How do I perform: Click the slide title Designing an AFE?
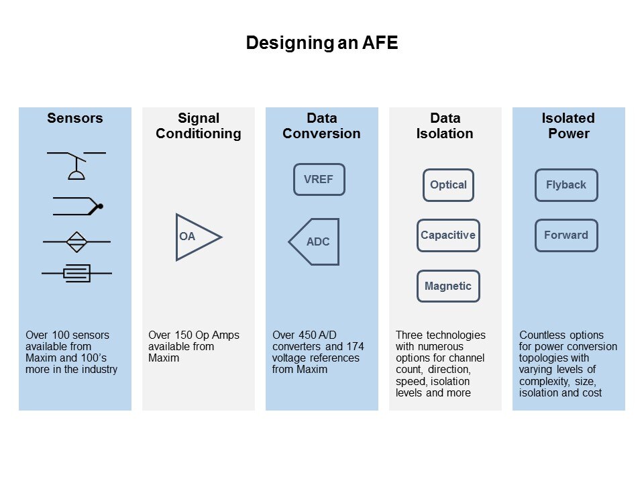pos(321,43)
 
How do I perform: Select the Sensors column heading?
pos(74,118)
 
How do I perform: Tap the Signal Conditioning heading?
pos(199,125)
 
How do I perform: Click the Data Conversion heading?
pos(321,125)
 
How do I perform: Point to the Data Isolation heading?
pos(445,125)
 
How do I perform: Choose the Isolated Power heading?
pos(568,125)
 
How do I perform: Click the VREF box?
pos(319,180)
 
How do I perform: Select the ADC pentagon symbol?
pos(314,241)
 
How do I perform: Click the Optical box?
pos(448,185)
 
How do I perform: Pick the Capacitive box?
pos(448,235)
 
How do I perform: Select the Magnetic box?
pos(448,286)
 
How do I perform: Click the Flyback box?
pos(566,185)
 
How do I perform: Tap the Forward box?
pos(566,235)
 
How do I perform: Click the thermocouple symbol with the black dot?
pos(78,206)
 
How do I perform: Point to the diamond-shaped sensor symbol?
pos(76,241)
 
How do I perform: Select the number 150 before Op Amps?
pos(184,335)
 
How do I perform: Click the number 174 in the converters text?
pos(355,347)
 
